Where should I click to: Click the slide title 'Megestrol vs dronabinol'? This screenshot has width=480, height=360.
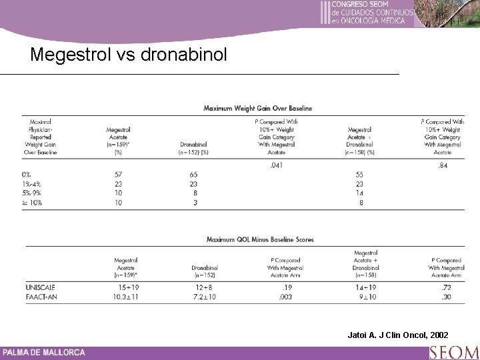[x=129, y=54]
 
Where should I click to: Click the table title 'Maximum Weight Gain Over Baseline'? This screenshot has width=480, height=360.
[x=257, y=108]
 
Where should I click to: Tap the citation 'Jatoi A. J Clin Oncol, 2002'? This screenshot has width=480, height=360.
[x=398, y=334]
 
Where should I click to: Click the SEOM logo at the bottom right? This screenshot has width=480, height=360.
[x=454, y=352]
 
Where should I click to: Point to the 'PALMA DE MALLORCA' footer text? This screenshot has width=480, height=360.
[x=44, y=352]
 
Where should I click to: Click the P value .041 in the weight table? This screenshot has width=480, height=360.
[x=275, y=165]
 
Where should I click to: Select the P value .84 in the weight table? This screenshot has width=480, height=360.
[x=442, y=165]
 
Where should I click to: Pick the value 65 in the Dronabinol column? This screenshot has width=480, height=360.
[x=193, y=175]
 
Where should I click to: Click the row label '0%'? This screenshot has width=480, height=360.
[x=27, y=175]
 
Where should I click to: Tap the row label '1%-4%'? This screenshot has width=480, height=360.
[x=31, y=184]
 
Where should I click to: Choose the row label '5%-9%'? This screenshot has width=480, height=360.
[x=31, y=193]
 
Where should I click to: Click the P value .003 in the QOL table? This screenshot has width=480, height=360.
[x=285, y=296]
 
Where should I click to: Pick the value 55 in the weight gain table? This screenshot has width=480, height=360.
[x=359, y=175]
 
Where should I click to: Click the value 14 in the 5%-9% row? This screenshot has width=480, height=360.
[x=359, y=193]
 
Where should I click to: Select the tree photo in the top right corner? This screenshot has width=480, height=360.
[x=447, y=14]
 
